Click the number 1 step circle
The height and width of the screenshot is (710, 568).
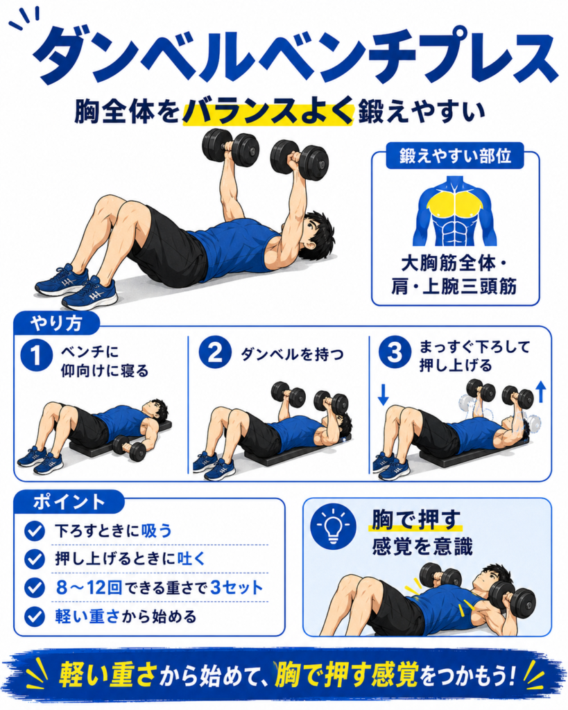click(x=36, y=356)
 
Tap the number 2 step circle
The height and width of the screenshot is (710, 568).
click(x=215, y=353)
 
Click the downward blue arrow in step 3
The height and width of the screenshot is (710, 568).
click(x=384, y=395)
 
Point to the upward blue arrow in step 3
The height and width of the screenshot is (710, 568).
click(x=541, y=392)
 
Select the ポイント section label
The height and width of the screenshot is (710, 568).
click(x=69, y=502)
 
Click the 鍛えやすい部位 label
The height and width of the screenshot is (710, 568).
click(x=455, y=156)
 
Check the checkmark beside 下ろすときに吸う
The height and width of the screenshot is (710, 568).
click(x=35, y=530)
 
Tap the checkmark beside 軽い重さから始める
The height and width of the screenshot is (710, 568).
click(x=35, y=616)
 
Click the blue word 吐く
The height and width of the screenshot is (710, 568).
click(x=191, y=559)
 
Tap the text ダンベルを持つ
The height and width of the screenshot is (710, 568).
click(x=292, y=354)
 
